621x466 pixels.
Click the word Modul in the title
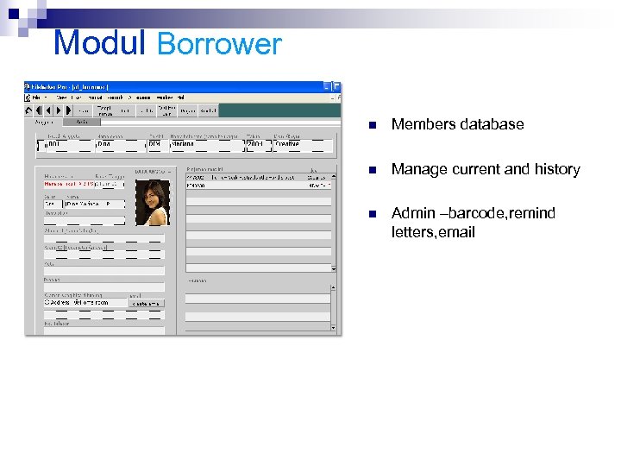point(101,43)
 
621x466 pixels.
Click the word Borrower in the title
point(219,44)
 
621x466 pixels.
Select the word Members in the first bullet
point(422,124)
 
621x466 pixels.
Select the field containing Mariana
point(203,144)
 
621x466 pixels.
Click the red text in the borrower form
point(82,184)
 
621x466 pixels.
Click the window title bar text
point(78,87)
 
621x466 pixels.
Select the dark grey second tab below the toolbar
point(74,123)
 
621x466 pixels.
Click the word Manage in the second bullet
point(417,169)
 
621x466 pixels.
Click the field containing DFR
point(155,144)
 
